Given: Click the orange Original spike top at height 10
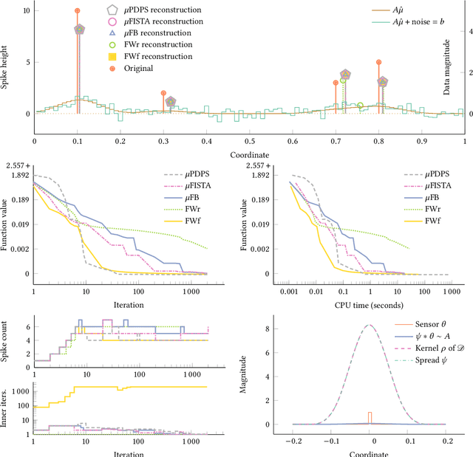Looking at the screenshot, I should [78, 11].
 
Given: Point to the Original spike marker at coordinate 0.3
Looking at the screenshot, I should [163, 93].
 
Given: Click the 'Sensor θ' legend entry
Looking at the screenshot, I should [430, 324].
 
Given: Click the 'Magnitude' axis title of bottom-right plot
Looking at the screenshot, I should [243, 377].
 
